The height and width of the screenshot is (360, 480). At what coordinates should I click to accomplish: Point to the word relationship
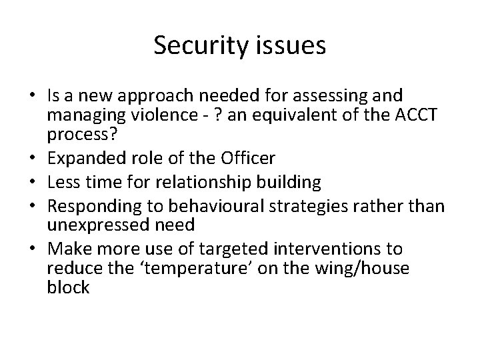click(x=208, y=181)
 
